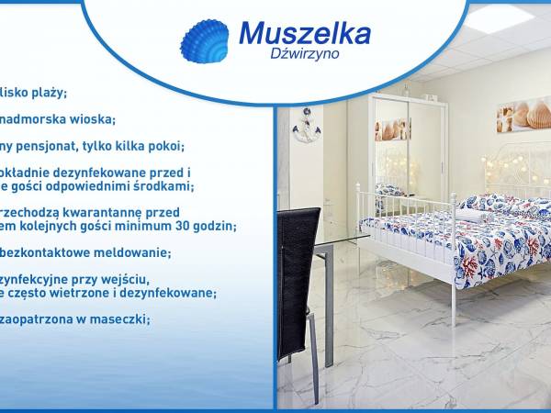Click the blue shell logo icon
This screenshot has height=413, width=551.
[x=203, y=41]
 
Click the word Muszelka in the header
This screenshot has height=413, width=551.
[x=304, y=34]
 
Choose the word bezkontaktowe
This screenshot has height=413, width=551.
[x=46, y=252]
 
